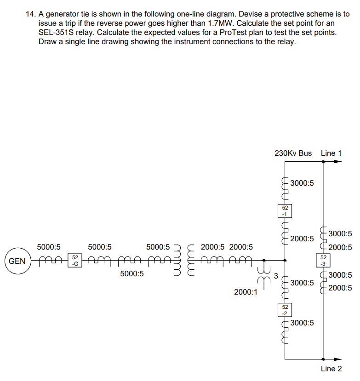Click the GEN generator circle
17,261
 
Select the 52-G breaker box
75,260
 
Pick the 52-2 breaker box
285,309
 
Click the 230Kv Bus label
293,153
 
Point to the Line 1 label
331,153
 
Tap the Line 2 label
331,369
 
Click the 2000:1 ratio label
246,292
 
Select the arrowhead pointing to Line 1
338,162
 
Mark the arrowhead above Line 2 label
338,359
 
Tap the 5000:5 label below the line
132,274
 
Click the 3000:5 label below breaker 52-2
302,323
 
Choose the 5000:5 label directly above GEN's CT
49,247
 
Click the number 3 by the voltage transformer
276,276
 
